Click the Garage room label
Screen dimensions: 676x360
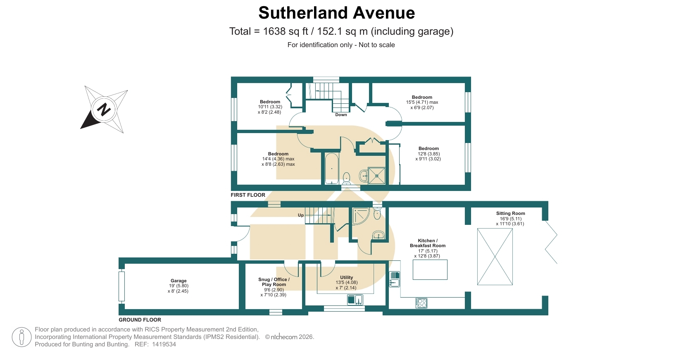pyautogui.click(x=179, y=281)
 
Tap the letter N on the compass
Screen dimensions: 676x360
pyautogui.click(x=104, y=109)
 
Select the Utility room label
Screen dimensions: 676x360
pyautogui.click(x=346, y=277)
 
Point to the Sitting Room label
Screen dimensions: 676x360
pyautogui.click(x=510, y=213)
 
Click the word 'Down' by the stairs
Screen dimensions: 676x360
pyautogui.click(x=341, y=114)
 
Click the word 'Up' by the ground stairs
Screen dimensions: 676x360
pyautogui.click(x=300, y=215)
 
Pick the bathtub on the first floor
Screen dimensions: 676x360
pyautogui.click(x=332, y=168)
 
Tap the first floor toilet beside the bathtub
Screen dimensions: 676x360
pyautogui.click(x=346, y=178)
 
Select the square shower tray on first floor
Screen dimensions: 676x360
pyautogui.click(x=376, y=176)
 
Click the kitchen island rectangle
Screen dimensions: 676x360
pyautogui.click(x=430, y=270)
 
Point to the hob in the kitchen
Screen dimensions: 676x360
pyautogui.click(x=421, y=303)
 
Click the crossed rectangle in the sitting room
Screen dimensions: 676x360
pyautogui.click(x=495, y=257)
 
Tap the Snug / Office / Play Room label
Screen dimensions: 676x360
pyautogui.click(x=274, y=282)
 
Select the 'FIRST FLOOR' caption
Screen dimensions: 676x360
pyautogui.click(x=248, y=195)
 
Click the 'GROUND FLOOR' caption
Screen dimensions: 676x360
pyautogui.click(x=140, y=319)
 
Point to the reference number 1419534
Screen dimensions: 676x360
pyautogui.click(x=164, y=344)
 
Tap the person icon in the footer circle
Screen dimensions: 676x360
pyautogui.click(x=21, y=337)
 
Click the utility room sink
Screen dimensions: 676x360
pyautogui.click(x=355, y=300)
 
